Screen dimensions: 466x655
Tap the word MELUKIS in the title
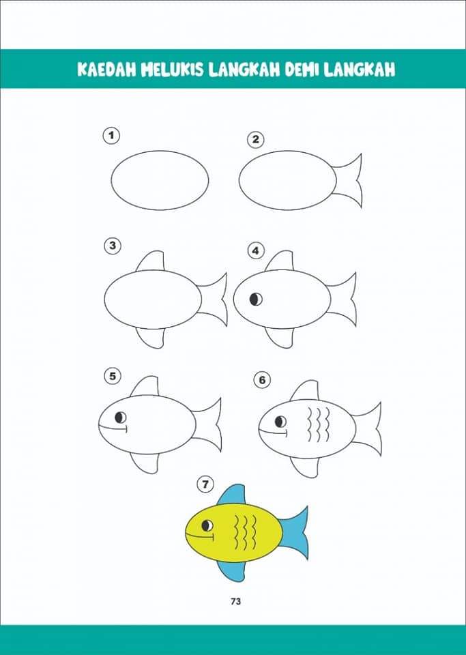[173, 70]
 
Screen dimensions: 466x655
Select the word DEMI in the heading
[301, 70]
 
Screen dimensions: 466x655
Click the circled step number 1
[111, 136]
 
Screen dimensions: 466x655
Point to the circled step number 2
[256, 139]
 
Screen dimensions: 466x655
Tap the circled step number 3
[113, 246]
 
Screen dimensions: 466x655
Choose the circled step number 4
[256, 251]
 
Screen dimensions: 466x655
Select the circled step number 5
[113, 376]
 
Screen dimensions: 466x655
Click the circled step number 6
[262, 380]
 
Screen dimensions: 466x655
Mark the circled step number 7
[205, 484]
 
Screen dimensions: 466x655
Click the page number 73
[235, 602]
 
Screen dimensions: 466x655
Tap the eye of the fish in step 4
[256, 299]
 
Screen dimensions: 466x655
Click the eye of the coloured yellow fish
[207, 525]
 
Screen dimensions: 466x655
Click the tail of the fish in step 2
[349, 180]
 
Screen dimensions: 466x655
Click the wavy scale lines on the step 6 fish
[319, 425]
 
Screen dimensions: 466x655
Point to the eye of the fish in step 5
[121, 417]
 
